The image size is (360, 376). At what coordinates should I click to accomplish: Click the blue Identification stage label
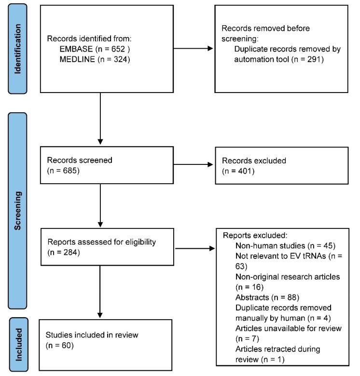point(18,49)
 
